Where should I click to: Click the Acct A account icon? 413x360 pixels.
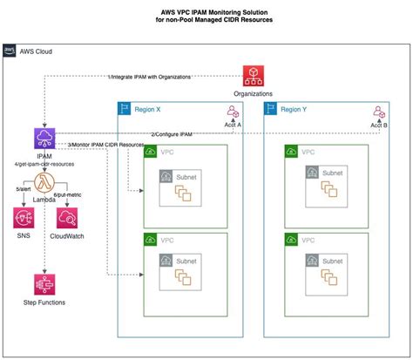pyautogui.click(x=233, y=112)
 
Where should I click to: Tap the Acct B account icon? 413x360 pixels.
pyautogui.click(x=378, y=112)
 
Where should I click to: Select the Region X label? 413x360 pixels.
pyautogui.click(x=146, y=110)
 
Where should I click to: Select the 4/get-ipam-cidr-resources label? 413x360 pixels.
pyautogui.click(x=42, y=163)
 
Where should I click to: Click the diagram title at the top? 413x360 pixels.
pyautogui.click(x=206, y=16)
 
